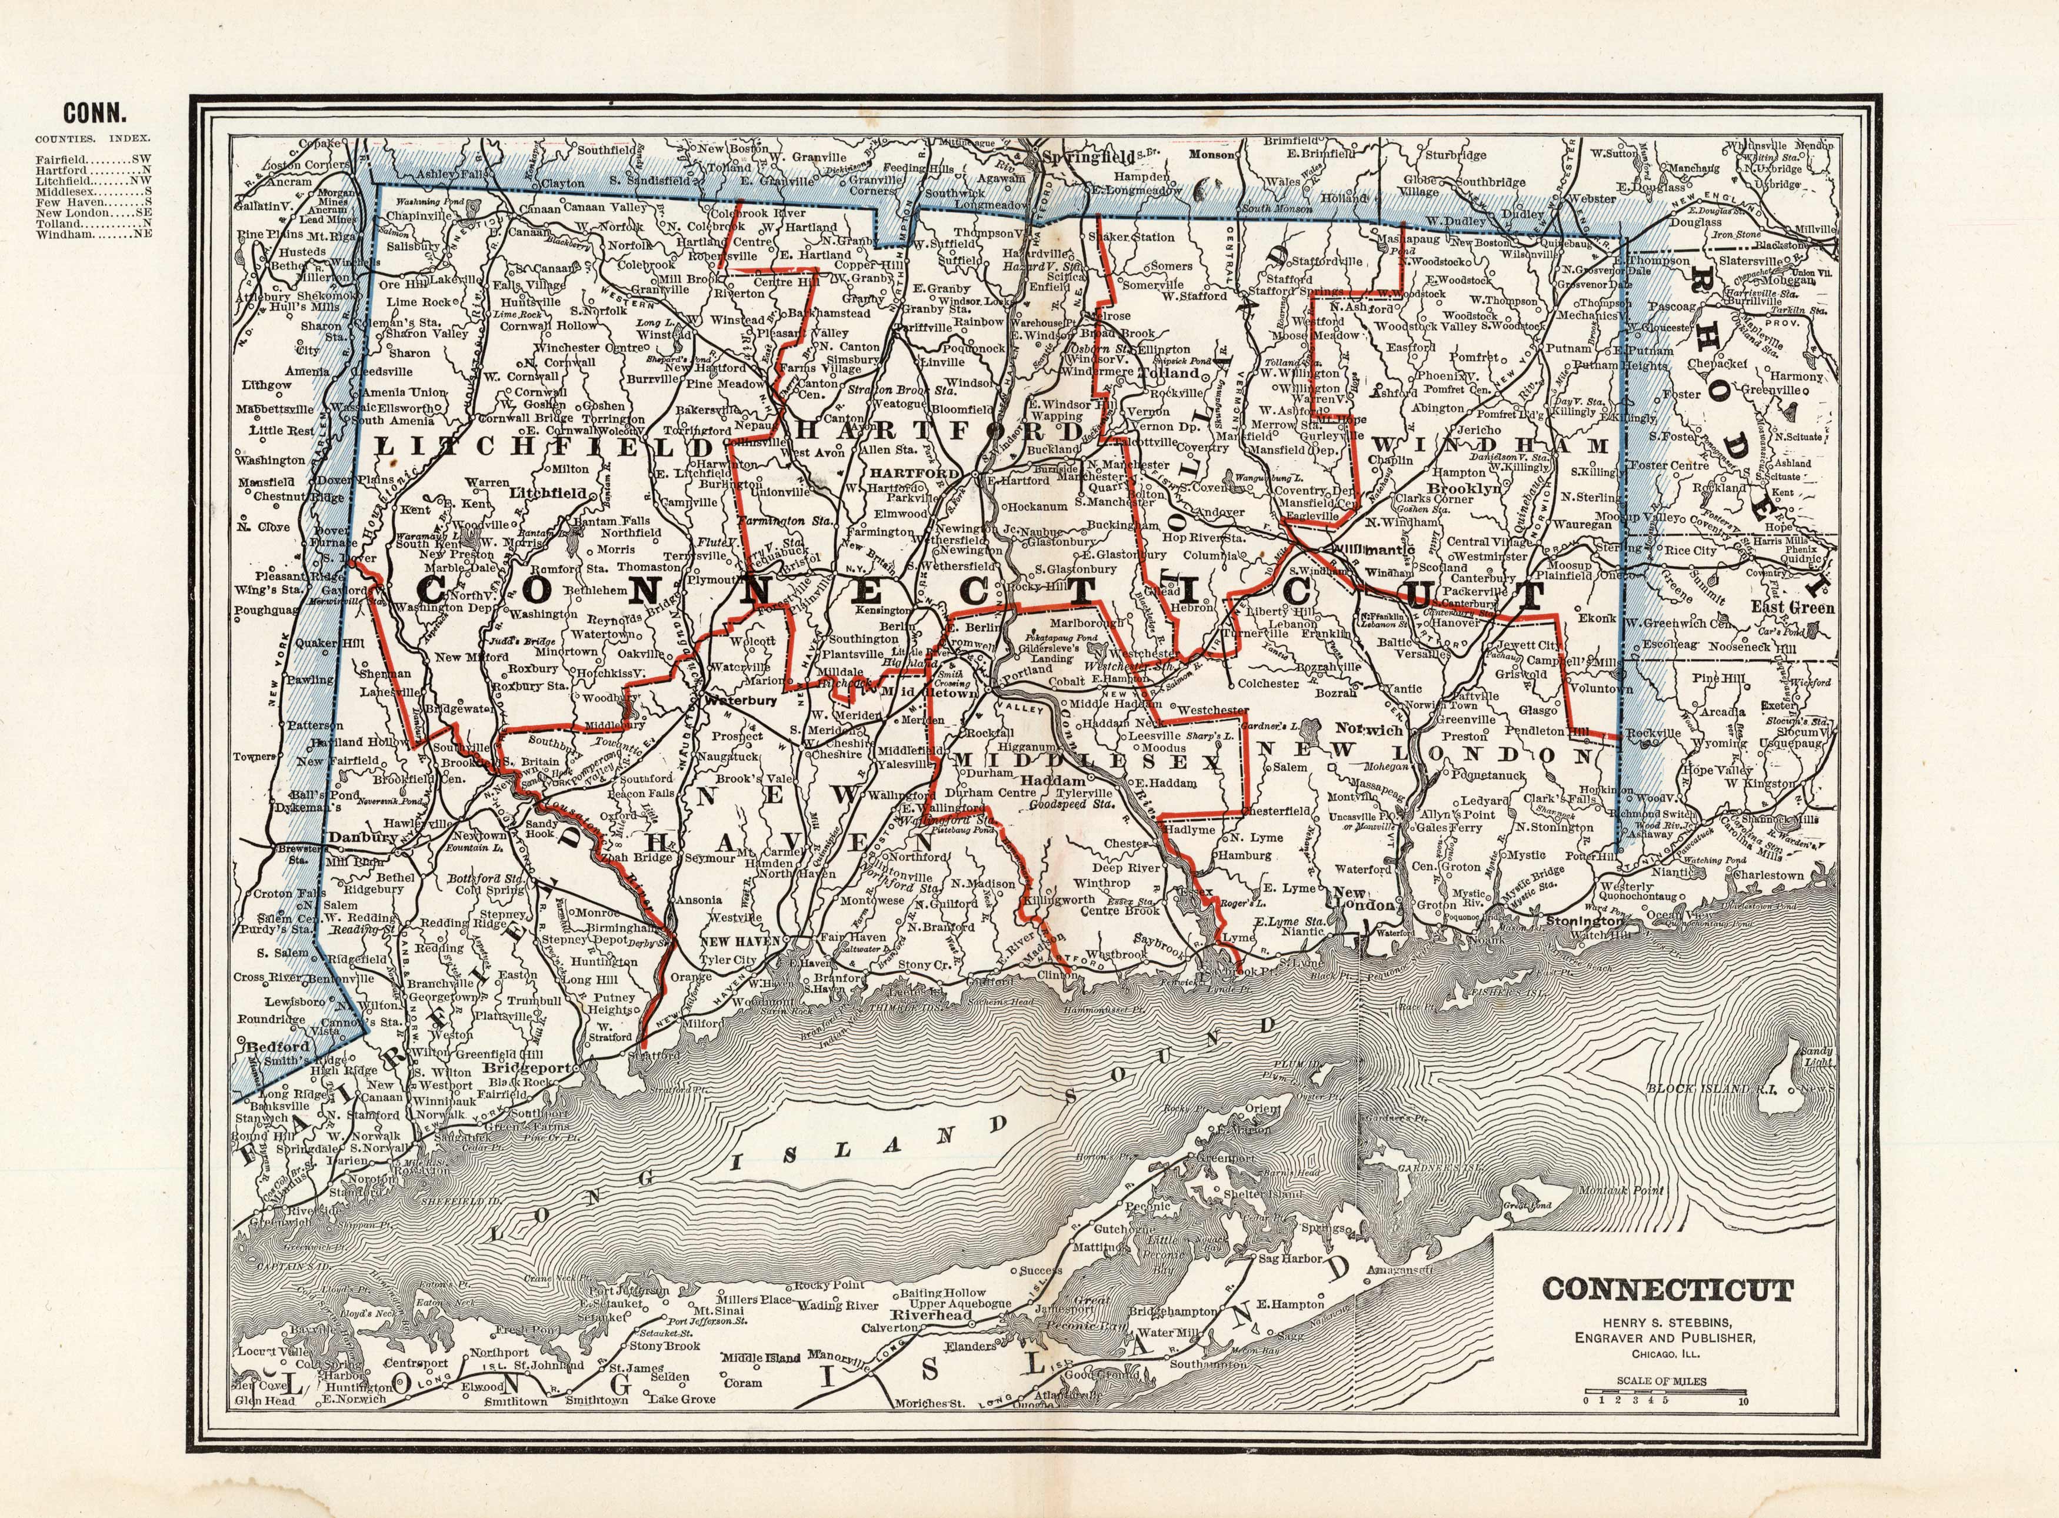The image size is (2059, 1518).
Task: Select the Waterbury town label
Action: pyautogui.click(x=741, y=699)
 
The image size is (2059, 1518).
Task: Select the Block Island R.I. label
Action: pyautogui.click(x=1696, y=1088)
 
